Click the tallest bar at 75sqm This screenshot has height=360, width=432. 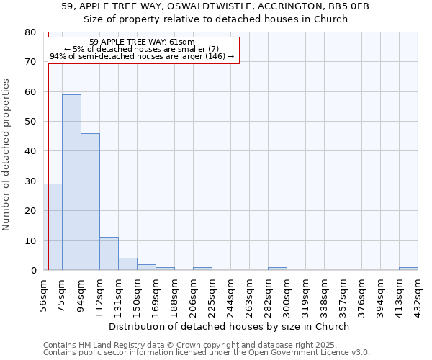pos(71,182)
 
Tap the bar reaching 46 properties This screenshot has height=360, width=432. pos(90,202)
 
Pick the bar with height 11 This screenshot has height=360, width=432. pos(109,253)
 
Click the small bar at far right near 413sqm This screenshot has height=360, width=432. pos(408,269)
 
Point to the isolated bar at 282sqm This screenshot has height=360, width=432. pos(277,269)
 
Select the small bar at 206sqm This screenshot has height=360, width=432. pos(202,269)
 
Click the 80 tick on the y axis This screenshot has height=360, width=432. pos(30,32)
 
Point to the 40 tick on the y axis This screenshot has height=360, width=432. pos(30,151)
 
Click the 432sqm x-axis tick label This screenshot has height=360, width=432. pos(418,294)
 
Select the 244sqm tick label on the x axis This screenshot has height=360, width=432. pos(231,294)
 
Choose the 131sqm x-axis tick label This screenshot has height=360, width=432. pos(119,294)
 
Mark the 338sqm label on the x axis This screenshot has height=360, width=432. pos(325,294)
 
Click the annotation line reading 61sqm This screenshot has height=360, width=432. pos(142,42)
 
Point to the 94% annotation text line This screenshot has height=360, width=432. pos(142,56)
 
